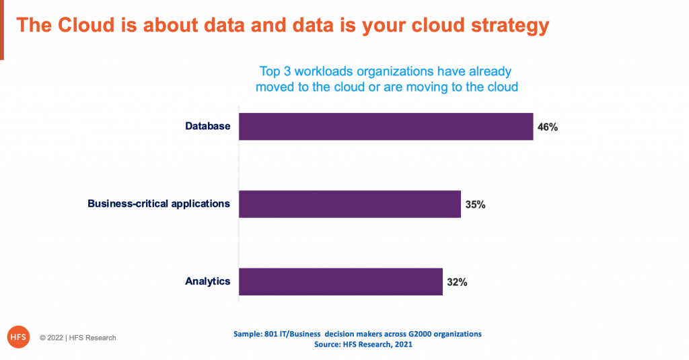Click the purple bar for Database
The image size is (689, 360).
coord(386,127)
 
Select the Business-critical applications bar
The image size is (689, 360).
coord(350,204)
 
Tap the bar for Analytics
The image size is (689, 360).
coord(340,282)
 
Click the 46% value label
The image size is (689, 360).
coord(548,127)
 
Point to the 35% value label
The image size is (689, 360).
coord(476,205)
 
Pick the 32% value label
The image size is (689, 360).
coord(457,282)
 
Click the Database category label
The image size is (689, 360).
coord(207,126)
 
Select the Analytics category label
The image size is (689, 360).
coord(207,281)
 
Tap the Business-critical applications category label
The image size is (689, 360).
coord(159,203)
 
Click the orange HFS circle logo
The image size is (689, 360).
coord(18,337)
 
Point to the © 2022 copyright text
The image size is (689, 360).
coord(78,338)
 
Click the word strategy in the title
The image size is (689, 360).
coord(510,26)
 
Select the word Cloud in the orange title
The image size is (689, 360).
coord(87,25)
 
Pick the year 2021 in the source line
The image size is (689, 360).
coord(404,345)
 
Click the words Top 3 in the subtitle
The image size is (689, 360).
coord(275,71)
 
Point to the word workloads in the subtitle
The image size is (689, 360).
coord(324,71)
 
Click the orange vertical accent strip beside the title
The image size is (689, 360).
coord(2,30)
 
